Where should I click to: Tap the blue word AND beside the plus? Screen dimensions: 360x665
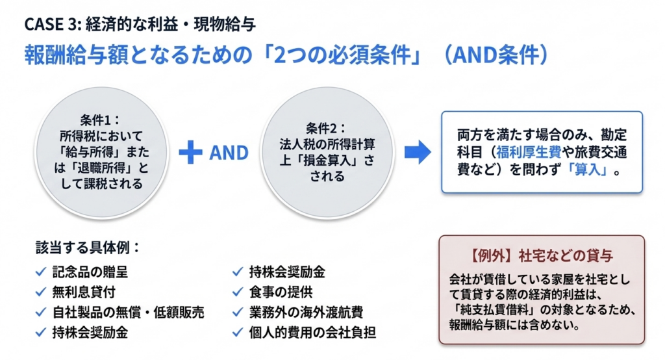[229, 153]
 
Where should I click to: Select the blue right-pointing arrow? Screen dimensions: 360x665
[417, 152]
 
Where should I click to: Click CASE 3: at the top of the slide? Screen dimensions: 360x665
[53, 25]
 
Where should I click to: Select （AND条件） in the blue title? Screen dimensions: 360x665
[494, 56]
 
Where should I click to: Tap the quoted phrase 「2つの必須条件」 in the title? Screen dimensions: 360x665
[343, 56]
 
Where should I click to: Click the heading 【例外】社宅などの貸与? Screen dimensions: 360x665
[541, 255]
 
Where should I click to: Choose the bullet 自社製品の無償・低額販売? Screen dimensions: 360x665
[129, 312]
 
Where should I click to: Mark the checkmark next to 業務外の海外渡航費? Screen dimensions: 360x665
[237, 312]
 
